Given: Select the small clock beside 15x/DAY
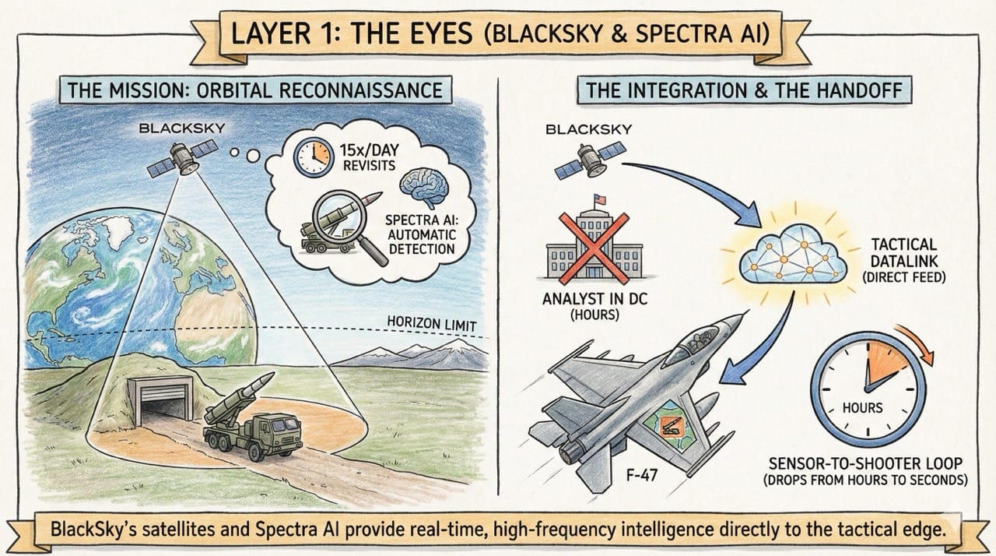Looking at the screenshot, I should tap(312, 156).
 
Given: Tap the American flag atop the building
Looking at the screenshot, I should tap(600, 199).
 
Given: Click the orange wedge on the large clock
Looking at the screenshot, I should tap(885, 365).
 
